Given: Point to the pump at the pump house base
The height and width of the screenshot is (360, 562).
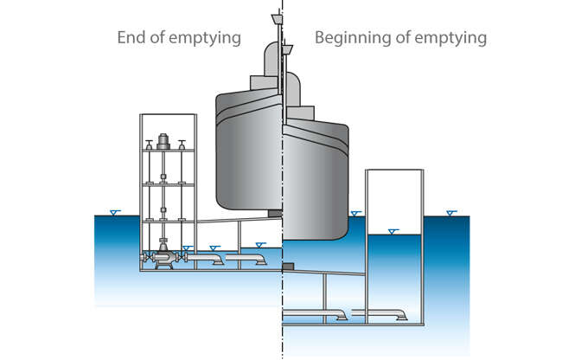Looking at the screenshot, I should (162, 258).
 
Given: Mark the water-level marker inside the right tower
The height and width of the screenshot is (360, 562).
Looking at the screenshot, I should (394, 230).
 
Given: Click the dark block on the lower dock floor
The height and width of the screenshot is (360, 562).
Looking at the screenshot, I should (289, 265).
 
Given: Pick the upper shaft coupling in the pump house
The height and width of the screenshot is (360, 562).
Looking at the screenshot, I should (163, 181).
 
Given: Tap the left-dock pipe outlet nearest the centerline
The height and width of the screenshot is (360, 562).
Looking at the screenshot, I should (259, 258).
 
